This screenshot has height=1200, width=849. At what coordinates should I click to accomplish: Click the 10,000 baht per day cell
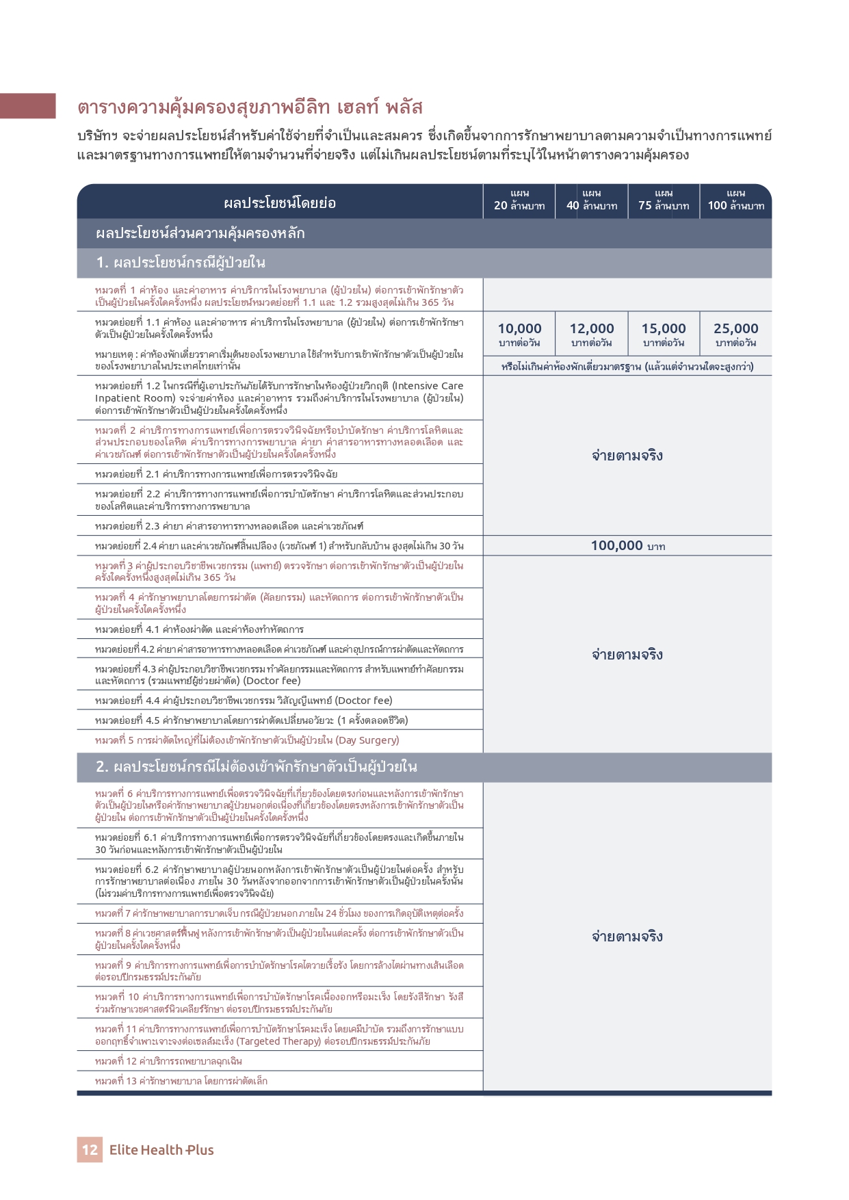519,334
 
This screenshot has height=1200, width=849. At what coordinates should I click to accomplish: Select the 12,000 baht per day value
592,334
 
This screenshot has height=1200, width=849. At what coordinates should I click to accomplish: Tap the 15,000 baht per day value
664,334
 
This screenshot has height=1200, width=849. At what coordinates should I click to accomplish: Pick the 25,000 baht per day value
735,334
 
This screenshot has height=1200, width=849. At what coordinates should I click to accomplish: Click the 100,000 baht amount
627,546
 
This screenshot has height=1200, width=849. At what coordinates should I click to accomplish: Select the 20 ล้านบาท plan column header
519,200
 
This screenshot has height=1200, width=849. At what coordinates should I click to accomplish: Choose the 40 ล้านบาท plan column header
592,200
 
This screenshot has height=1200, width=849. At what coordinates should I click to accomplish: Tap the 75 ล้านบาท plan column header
664,200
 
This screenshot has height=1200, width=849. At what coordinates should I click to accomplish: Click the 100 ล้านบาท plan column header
735,200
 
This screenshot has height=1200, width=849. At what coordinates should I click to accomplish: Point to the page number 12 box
90,1149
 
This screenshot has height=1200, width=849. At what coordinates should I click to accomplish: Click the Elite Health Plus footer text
161,1150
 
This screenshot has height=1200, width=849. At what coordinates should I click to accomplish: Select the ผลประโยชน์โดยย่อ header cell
280,203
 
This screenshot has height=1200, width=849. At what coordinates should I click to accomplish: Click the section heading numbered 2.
257,767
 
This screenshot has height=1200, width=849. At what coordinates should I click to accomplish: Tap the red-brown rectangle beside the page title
27,106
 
